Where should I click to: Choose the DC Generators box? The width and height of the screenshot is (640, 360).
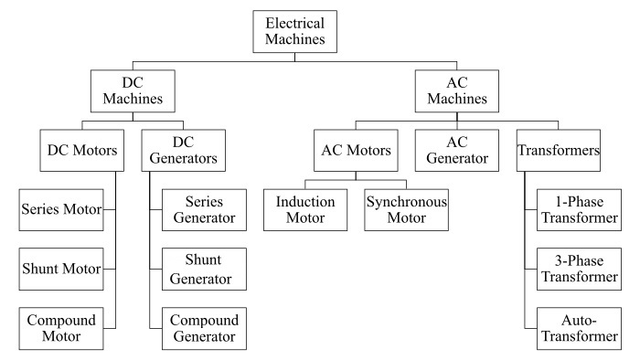point(181,150)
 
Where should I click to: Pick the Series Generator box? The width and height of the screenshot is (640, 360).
point(205,209)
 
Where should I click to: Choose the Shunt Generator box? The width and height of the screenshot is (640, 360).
point(205,269)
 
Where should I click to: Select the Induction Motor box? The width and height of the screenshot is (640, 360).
point(306,209)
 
